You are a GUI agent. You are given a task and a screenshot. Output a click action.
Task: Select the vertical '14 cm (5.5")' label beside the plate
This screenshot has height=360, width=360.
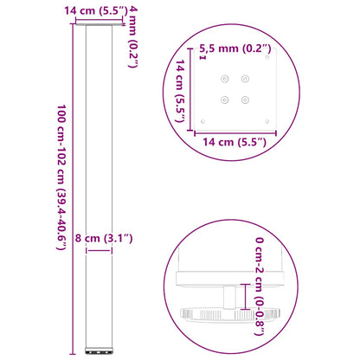click(184, 92)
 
